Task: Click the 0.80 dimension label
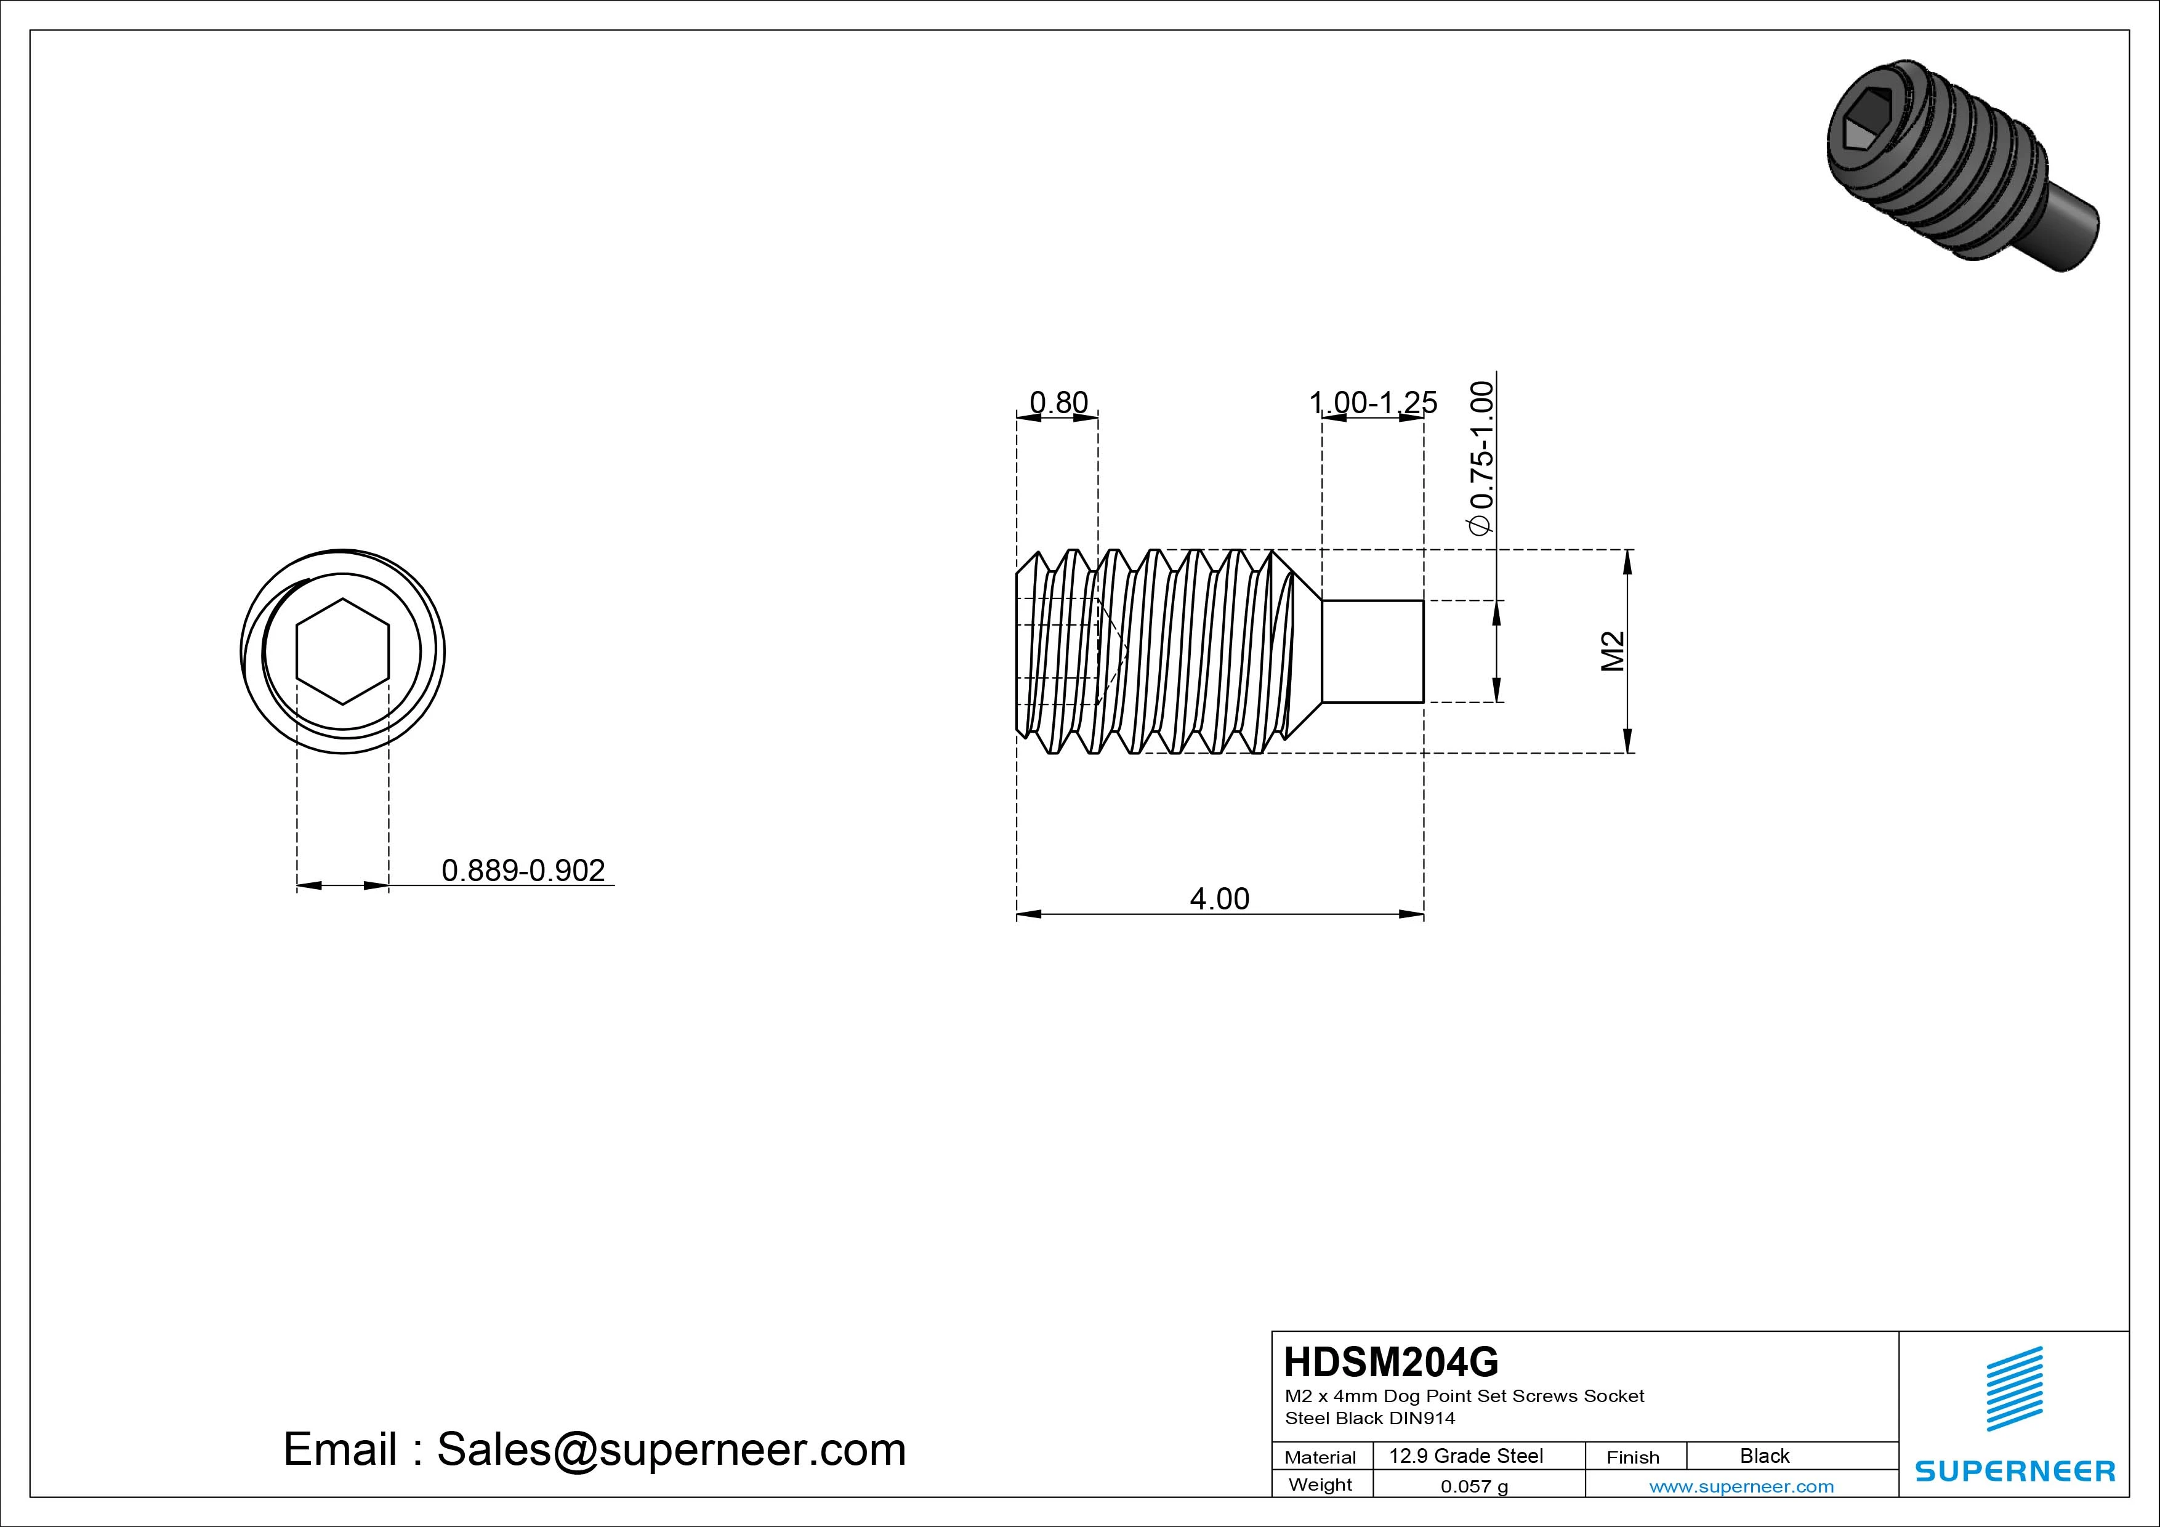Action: pyautogui.click(x=1058, y=403)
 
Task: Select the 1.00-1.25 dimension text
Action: pyautogui.click(x=1372, y=403)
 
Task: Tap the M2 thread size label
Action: pyautogui.click(x=1613, y=651)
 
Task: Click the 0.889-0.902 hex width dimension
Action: pyautogui.click(x=523, y=870)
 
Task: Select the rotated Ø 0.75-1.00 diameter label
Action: pyautogui.click(x=1481, y=458)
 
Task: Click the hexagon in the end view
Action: pyautogui.click(x=342, y=651)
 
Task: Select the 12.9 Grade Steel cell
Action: pyautogui.click(x=1465, y=1456)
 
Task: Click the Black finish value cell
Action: pyautogui.click(x=1765, y=1456)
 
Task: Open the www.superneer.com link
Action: pyautogui.click(x=1741, y=1486)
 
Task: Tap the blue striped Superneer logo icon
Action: pyautogui.click(x=2013, y=1402)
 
